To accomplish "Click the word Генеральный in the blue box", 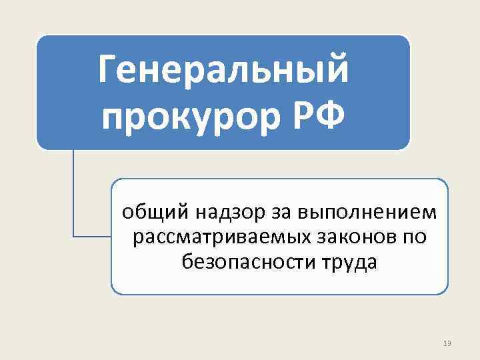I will coord(223,72).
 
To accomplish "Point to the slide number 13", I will coord(447,343).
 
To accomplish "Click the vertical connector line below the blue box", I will coord(73,193).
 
